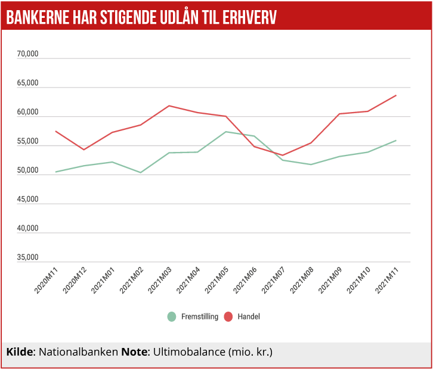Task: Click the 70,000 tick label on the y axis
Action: coord(27,54)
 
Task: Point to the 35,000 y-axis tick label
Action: coord(27,258)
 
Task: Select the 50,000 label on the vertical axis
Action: coord(27,171)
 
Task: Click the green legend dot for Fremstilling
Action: coord(172,316)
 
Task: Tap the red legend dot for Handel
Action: coord(228,316)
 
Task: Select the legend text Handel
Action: coord(249,316)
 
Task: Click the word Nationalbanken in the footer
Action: coord(78,352)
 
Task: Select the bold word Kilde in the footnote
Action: coord(20,352)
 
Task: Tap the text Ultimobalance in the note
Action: coord(188,352)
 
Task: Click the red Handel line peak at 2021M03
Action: coord(169,105)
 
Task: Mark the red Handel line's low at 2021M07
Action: coord(283,155)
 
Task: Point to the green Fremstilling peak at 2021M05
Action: coord(226,132)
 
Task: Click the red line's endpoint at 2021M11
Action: coord(396,95)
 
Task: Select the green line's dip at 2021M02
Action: coord(141,173)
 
